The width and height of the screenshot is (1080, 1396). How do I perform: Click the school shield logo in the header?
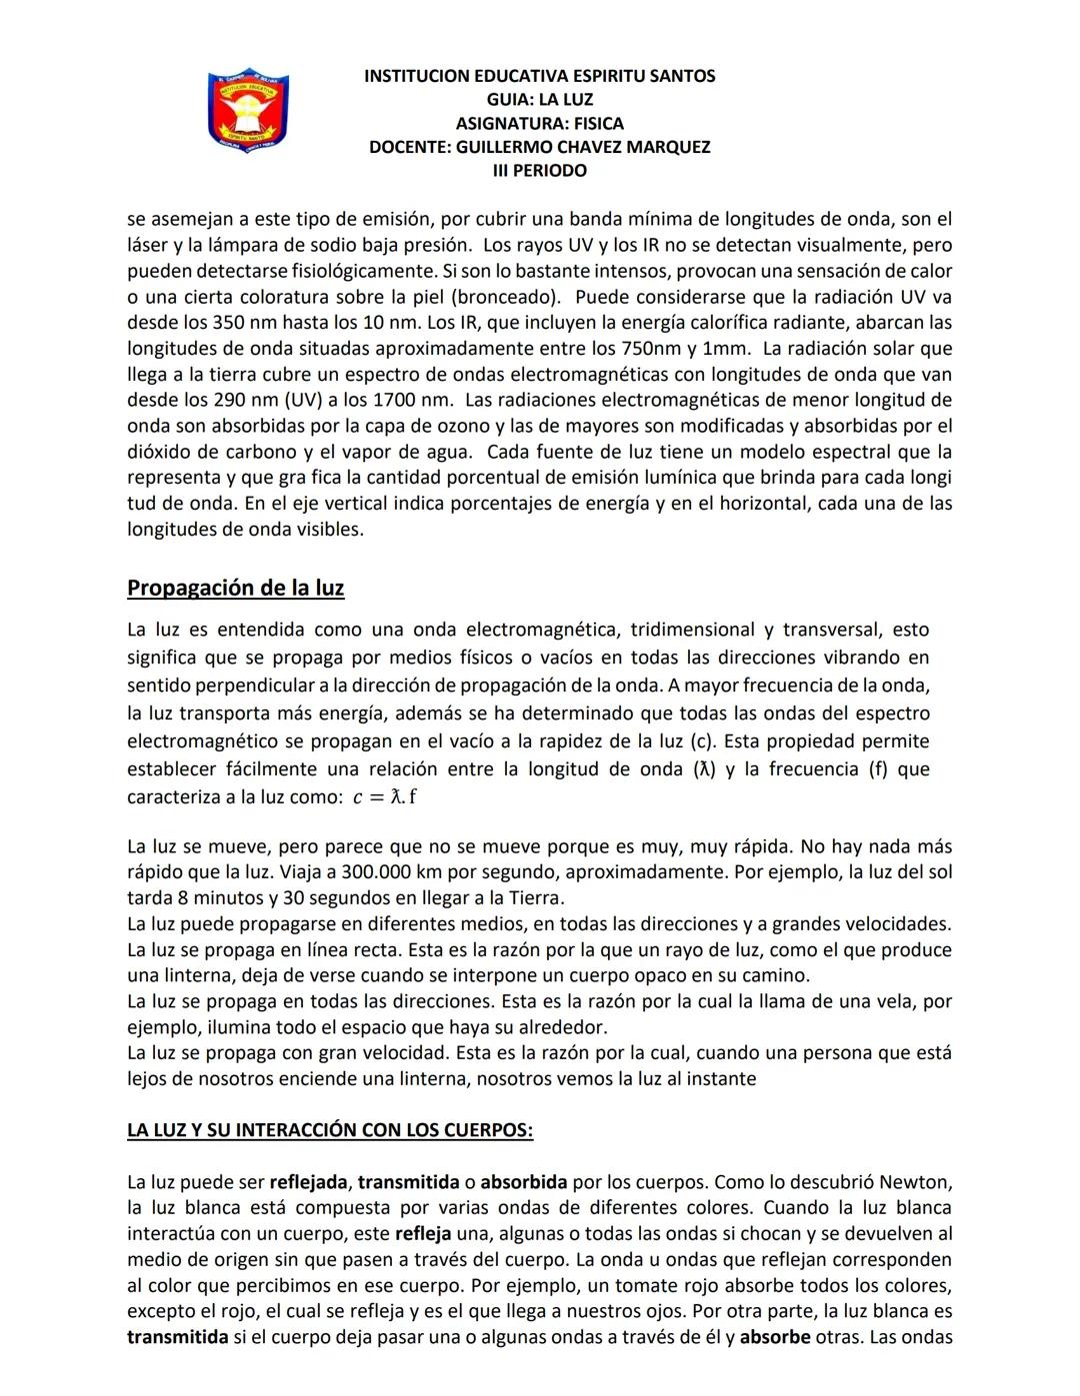(x=247, y=111)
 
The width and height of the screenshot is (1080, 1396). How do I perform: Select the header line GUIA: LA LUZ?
(x=539, y=99)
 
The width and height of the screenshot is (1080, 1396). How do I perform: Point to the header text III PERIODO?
(x=539, y=171)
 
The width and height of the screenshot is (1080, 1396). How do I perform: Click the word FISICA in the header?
(x=598, y=123)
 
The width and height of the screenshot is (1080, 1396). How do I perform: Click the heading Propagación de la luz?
(x=235, y=588)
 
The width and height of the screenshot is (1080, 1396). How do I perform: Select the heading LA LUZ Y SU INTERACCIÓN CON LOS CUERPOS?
(x=329, y=1130)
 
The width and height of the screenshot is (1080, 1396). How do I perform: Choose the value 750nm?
(x=652, y=349)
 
